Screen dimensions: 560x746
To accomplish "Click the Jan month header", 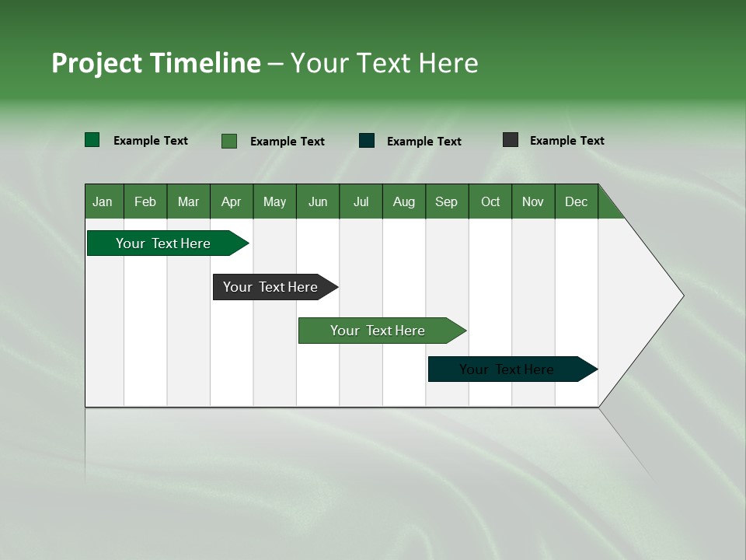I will (103, 201).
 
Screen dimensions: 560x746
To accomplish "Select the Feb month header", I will (145, 201).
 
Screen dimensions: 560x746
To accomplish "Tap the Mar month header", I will (188, 201).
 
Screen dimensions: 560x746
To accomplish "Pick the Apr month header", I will (232, 201).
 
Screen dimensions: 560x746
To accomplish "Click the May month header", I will (274, 201).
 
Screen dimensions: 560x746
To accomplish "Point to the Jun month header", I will (318, 201).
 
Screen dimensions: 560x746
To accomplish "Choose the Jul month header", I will (361, 201).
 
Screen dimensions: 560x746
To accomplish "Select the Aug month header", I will (404, 201).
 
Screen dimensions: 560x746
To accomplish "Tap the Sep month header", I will (447, 201).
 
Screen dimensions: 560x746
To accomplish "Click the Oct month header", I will (490, 201).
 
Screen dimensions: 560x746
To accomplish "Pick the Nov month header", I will (533, 201).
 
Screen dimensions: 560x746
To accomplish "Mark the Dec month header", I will (577, 201).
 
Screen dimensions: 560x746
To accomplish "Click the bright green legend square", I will (92, 140).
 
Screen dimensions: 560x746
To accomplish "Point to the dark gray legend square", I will (511, 140).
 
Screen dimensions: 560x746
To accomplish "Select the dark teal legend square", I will (367, 141).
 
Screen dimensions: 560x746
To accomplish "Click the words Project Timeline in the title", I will (156, 63).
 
